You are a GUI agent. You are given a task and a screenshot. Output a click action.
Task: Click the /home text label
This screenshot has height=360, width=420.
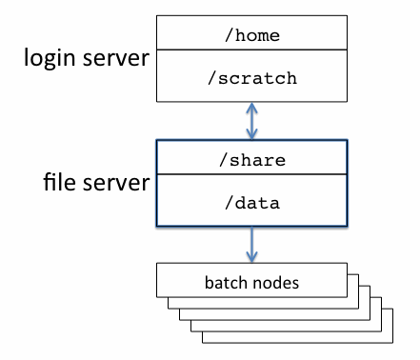pyautogui.click(x=251, y=35)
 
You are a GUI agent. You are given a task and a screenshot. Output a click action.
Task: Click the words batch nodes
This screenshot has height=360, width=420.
pyautogui.click(x=252, y=283)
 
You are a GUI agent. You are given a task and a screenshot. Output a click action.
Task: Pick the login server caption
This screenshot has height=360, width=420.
pyautogui.click(x=87, y=58)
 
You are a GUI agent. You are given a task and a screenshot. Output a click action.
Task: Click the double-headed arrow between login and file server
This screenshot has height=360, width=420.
pyautogui.click(x=251, y=120)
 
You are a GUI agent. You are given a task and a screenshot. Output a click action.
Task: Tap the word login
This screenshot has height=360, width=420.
pyautogui.click(x=49, y=58)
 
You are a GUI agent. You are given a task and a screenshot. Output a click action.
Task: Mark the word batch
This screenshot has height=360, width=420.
pyautogui.click(x=225, y=283)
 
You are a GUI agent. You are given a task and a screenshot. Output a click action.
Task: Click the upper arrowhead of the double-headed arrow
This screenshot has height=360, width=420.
pyautogui.click(x=251, y=107)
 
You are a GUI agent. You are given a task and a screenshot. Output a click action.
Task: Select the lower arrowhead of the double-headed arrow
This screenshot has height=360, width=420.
pyautogui.click(x=251, y=134)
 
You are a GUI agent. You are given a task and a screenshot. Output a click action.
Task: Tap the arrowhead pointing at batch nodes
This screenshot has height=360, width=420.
pyautogui.click(x=251, y=258)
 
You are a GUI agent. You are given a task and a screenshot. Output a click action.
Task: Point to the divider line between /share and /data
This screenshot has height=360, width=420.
pyautogui.click(x=251, y=175)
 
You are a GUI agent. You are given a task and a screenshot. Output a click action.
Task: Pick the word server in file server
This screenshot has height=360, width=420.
pyautogui.click(x=113, y=182)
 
